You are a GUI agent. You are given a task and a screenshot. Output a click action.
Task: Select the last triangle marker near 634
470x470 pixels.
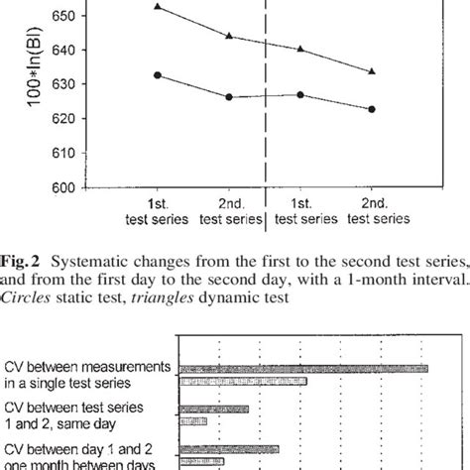tap(373, 71)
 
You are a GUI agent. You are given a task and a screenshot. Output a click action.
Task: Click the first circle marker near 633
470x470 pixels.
tap(159, 74)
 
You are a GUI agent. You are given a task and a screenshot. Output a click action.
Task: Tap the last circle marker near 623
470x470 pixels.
tap(373, 109)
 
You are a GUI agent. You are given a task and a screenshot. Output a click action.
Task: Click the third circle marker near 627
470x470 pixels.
tap(300, 95)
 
